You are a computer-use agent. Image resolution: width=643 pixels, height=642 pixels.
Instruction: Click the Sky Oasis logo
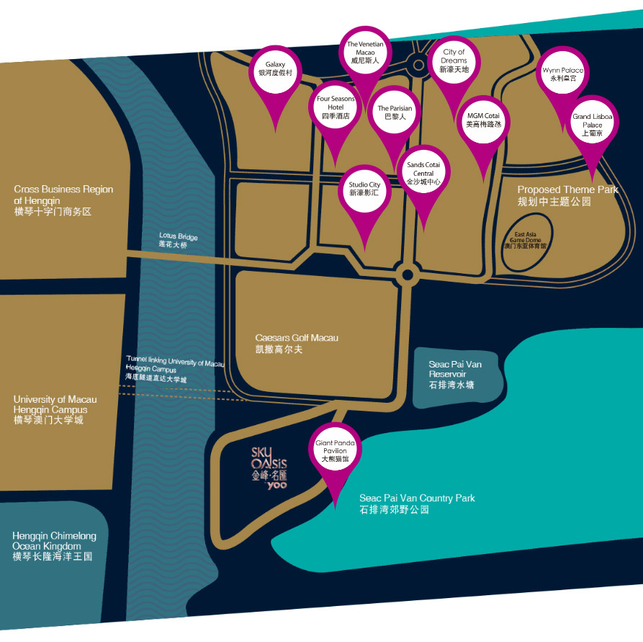click(269, 468)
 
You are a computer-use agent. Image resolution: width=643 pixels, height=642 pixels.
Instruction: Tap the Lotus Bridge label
click(179, 241)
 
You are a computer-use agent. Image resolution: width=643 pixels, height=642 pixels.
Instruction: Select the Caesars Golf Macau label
click(297, 344)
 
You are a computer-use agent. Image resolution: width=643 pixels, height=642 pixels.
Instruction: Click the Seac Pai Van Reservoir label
click(455, 375)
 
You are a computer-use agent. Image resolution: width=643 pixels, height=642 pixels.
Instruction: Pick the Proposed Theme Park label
click(567, 195)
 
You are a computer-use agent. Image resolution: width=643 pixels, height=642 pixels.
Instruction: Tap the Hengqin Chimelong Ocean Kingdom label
click(54, 546)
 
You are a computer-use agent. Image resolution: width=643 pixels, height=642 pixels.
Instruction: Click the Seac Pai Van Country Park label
click(417, 504)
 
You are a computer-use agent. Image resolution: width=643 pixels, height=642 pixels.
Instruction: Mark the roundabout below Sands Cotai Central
click(408, 275)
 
